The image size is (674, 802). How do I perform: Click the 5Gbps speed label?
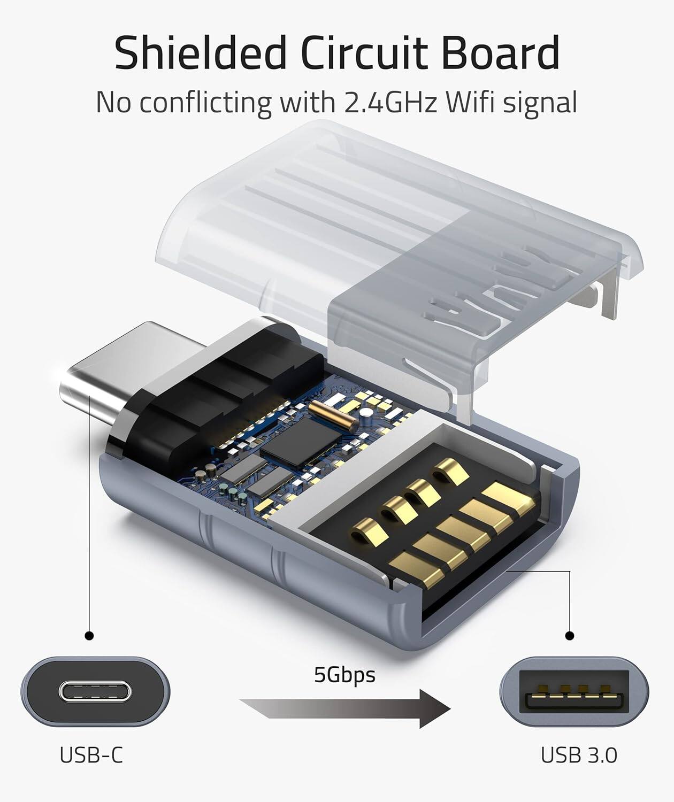click(344, 675)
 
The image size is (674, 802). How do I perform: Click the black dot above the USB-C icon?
click(89, 636)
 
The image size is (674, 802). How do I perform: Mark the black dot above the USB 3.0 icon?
click(570, 636)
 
